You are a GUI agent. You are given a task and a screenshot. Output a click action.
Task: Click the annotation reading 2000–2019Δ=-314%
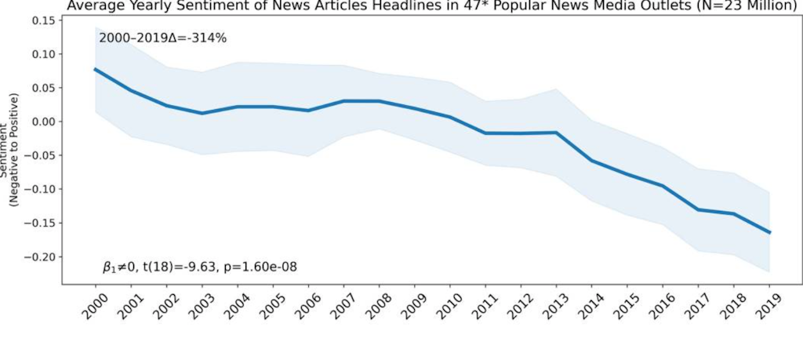[x=162, y=38]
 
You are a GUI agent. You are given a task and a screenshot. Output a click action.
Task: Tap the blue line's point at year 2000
[x=95, y=69]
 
